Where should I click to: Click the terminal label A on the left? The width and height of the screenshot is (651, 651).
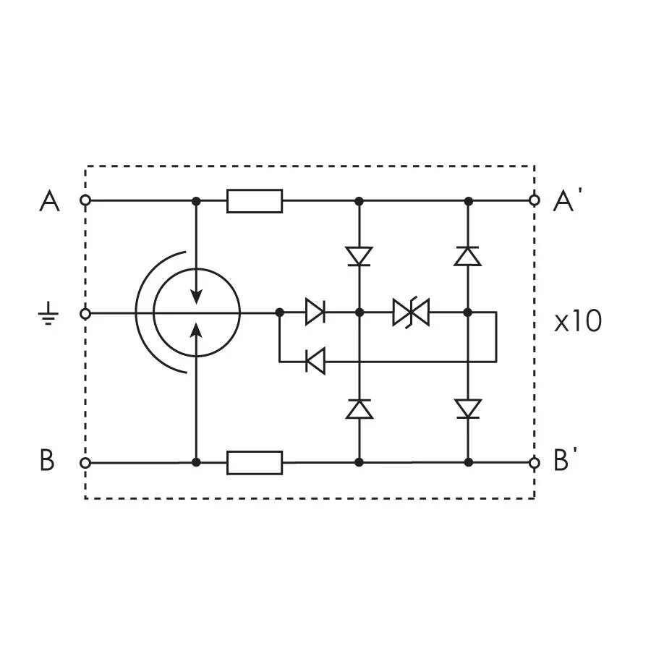pyautogui.click(x=49, y=201)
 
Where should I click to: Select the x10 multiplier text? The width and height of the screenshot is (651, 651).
pyautogui.click(x=576, y=322)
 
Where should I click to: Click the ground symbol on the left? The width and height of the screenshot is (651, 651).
pyautogui.click(x=48, y=315)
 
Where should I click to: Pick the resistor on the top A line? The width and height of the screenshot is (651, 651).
pyautogui.click(x=255, y=200)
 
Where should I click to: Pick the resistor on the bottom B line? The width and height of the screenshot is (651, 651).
pyautogui.click(x=255, y=462)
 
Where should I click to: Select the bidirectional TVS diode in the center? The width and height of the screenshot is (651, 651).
pyautogui.click(x=411, y=312)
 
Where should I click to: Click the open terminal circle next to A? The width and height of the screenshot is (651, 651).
pyautogui.click(x=85, y=200)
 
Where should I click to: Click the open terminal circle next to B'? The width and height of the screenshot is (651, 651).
pyautogui.click(x=535, y=462)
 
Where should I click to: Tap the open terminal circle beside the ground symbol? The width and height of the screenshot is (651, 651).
pyautogui.click(x=85, y=313)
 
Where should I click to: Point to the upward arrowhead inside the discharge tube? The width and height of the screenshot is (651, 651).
pyautogui.click(x=196, y=330)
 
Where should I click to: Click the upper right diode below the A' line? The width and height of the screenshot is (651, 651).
pyautogui.click(x=468, y=256)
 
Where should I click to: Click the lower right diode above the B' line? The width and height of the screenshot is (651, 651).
pyautogui.click(x=468, y=409)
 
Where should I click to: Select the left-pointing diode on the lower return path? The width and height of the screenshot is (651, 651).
pyautogui.click(x=315, y=360)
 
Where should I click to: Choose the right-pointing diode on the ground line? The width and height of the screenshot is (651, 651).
pyautogui.click(x=315, y=312)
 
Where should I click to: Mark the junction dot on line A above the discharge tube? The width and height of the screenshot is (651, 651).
pyautogui.click(x=196, y=200)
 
